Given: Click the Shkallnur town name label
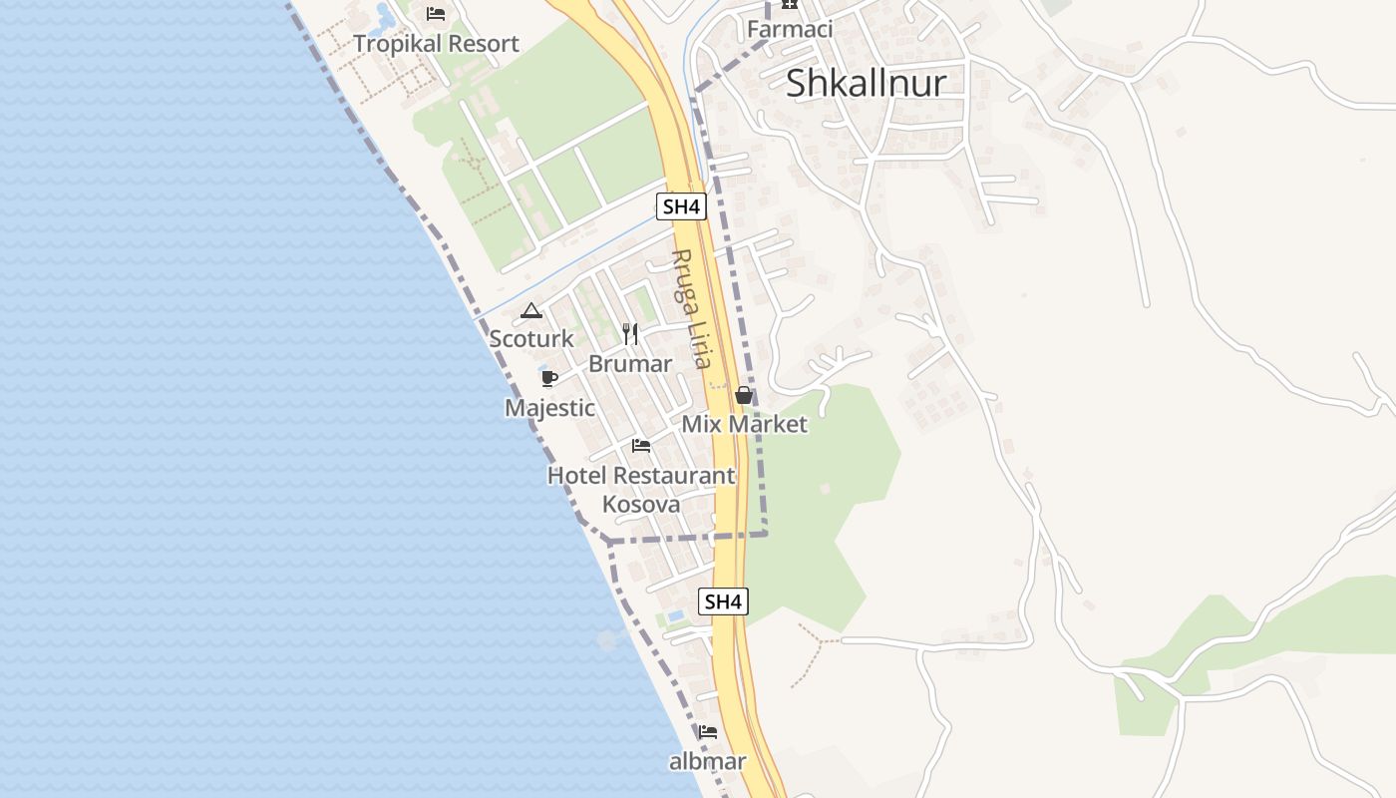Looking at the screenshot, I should pyautogui.click(x=866, y=83).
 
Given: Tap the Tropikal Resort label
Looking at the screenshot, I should pyautogui.click(x=436, y=44).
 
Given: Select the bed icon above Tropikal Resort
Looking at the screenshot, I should pyautogui.click(x=436, y=13).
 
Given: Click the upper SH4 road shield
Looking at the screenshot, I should pyautogui.click(x=682, y=206).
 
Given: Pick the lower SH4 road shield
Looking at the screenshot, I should pyautogui.click(x=723, y=600).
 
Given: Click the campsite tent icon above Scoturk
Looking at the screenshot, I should pyautogui.click(x=530, y=311).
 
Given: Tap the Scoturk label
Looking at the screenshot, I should pyautogui.click(x=531, y=339).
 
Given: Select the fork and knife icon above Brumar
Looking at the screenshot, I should pyautogui.click(x=629, y=333).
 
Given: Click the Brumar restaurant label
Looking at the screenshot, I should pyautogui.click(x=630, y=364).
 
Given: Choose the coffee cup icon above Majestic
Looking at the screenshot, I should pyautogui.click(x=548, y=378).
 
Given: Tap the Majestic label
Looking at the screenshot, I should pyautogui.click(x=549, y=408).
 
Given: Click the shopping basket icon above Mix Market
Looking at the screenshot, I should pyautogui.click(x=743, y=395).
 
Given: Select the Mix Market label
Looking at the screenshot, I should pyautogui.click(x=744, y=424).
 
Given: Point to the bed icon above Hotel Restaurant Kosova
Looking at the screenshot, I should pyautogui.click(x=640, y=445).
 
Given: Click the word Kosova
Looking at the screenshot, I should pyautogui.click(x=641, y=505).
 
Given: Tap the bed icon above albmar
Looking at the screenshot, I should pyautogui.click(x=707, y=732).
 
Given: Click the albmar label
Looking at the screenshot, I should pyautogui.click(x=707, y=762).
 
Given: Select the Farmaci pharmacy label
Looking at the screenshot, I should pyautogui.click(x=790, y=29).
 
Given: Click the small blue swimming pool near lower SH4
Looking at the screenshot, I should pyautogui.click(x=675, y=615).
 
